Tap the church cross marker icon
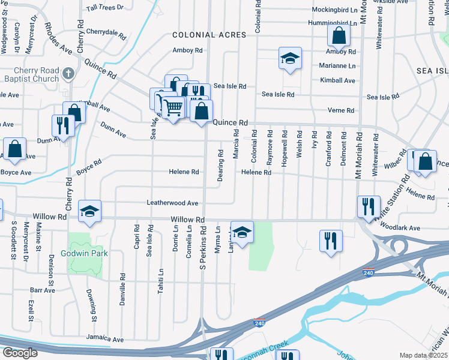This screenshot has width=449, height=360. [68, 74]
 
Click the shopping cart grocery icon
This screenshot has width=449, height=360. [173, 108]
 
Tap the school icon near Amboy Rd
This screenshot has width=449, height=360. [289, 59]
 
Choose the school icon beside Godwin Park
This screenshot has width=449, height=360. [90, 211]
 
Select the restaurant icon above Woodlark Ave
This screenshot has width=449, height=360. [368, 206]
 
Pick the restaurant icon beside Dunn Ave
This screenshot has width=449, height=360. [62, 125]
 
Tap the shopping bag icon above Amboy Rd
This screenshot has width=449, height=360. [339, 36]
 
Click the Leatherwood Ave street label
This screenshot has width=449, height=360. [172, 203]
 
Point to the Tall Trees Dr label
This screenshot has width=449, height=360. [104, 8]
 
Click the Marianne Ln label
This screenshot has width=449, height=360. [337, 66]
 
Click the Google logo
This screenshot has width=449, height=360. [20, 352]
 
